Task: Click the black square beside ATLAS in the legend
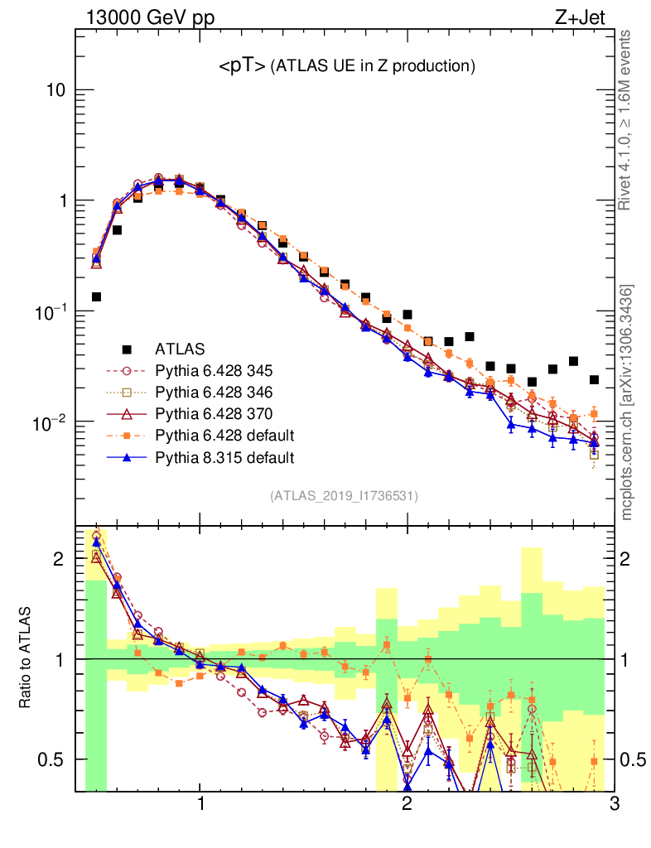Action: coord(127,349)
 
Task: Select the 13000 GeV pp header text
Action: coord(149,16)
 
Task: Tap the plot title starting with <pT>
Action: coord(346,65)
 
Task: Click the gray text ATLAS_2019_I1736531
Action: coord(344,496)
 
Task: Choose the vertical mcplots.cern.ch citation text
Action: coord(627,402)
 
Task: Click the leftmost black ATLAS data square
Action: coord(96,296)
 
